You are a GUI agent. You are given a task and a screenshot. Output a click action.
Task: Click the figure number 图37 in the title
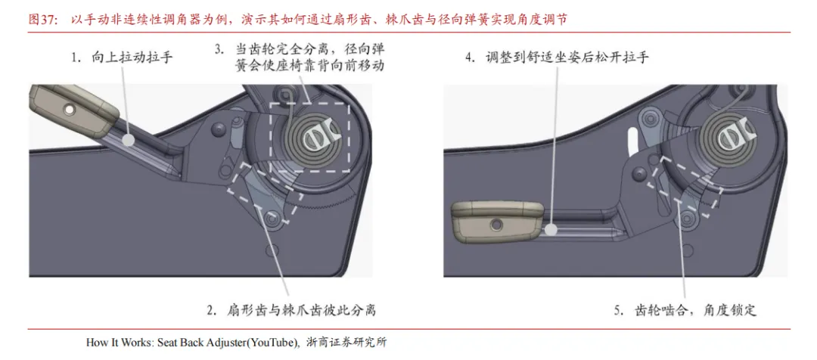pyautogui.click(x=42, y=20)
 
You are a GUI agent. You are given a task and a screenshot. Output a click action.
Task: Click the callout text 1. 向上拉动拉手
pyautogui.click(x=122, y=57)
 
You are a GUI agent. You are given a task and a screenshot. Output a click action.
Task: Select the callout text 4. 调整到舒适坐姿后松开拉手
pyautogui.click(x=557, y=57)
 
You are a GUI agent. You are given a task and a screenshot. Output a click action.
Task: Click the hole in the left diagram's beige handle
pyautogui.click(x=68, y=109)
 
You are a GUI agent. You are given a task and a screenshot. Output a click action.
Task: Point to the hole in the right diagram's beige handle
pyautogui.click(x=495, y=224)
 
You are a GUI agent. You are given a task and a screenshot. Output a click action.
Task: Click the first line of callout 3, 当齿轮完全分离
pyautogui.click(x=300, y=49)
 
